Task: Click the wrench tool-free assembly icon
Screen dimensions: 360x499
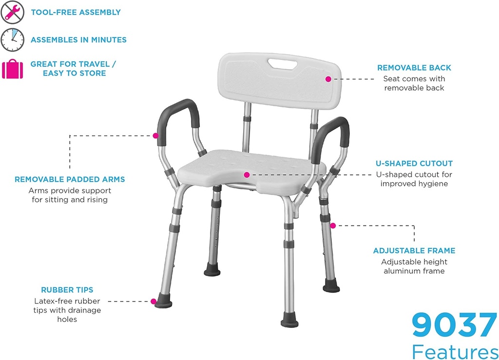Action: point(12,12)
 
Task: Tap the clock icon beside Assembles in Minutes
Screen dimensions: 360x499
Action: point(12,39)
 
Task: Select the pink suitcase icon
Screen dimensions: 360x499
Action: point(12,69)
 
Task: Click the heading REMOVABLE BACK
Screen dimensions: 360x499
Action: point(414,68)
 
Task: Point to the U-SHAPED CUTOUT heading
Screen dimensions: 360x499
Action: point(414,164)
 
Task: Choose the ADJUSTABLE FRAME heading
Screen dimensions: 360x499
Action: point(414,251)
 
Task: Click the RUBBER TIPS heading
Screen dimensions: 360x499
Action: point(67,290)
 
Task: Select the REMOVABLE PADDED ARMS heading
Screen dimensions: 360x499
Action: point(70,180)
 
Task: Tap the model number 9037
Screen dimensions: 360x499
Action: point(454,325)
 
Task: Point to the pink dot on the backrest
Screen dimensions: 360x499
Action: point(328,78)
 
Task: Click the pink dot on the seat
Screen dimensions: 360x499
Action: point(247,174)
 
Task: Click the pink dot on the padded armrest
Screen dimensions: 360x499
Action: point(155,135)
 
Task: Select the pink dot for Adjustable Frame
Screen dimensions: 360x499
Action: point(333,226)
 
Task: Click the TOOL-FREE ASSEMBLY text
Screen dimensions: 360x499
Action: point(76,12)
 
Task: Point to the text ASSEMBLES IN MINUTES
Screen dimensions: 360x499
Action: point(78,40)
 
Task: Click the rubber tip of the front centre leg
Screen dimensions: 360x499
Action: point(289,322)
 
